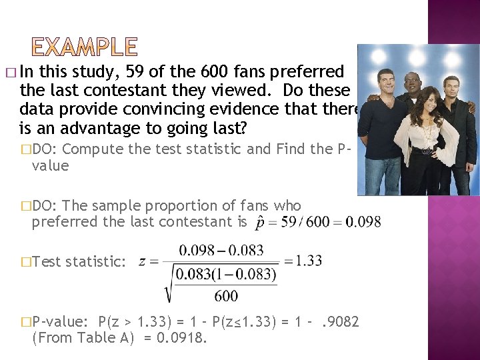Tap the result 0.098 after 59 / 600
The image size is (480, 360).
[x=364, y=221]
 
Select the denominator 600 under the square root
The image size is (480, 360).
[x=227, y=295]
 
